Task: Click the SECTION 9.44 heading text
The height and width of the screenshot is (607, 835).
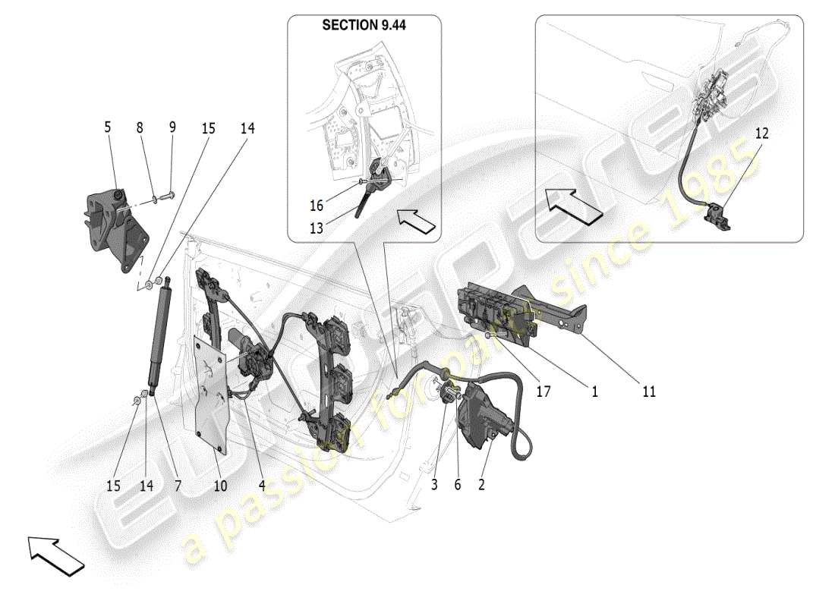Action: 364,25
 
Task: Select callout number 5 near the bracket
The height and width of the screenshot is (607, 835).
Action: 107,127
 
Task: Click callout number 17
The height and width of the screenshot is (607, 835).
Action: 544,392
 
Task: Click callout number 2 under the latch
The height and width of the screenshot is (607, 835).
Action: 481,483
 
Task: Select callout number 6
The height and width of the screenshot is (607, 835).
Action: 457,483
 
